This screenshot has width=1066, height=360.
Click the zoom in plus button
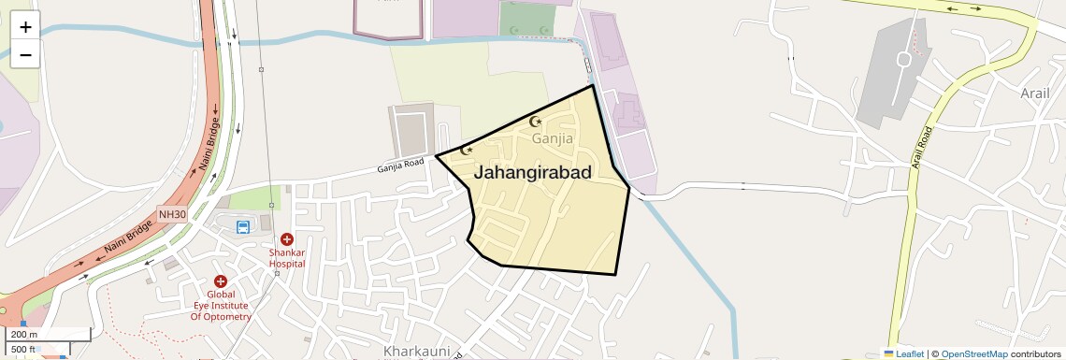(x=25, y=26)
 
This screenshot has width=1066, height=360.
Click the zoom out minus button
(x=25, y=54)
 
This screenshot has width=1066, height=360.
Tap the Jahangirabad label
(x=533, y=172)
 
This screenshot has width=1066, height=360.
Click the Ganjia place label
(x=552, y=138)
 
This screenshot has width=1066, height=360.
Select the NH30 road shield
(x=172, y=214)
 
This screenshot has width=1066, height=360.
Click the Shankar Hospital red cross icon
(x=287, y=239)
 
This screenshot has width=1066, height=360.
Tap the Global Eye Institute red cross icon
(x=221, y=281)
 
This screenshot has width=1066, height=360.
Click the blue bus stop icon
(x=243, y=226)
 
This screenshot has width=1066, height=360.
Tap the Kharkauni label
(x=417, y=352)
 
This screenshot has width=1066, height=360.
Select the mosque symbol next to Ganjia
(x=536, y=122)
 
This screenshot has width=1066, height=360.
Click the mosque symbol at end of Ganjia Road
(x=468, y=150)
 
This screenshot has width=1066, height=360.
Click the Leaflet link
(x=904, y=353)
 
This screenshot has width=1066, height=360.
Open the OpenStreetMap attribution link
(x=973, y=353)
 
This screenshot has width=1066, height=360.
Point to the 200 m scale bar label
(x=24, y=334)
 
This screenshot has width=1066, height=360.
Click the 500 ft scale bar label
(x=24, y=350)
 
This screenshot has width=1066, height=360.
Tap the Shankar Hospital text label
(x=287, y=258)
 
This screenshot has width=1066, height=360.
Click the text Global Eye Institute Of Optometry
(x=221, y=305)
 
